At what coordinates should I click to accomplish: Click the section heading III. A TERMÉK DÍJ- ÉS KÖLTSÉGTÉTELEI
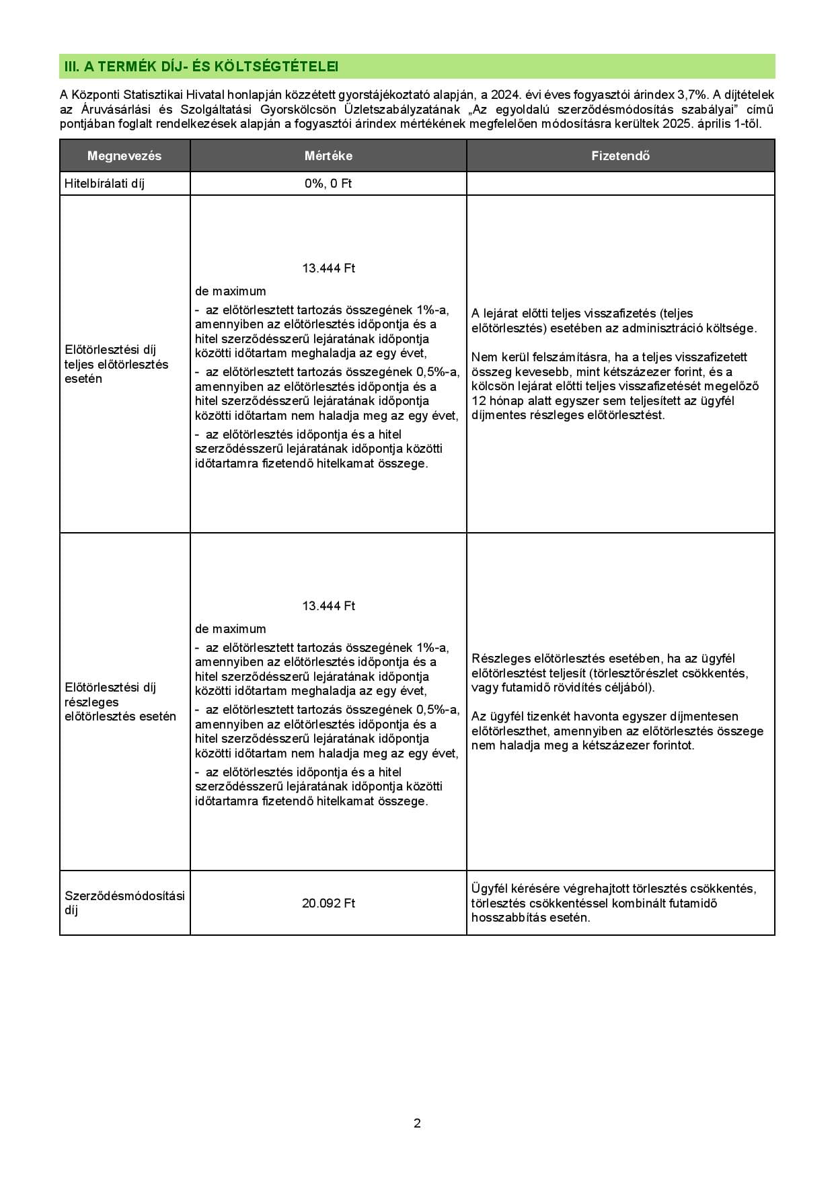[200, 67]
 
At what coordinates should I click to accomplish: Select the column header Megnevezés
[124, 156]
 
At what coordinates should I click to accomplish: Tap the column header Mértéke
[328, 156]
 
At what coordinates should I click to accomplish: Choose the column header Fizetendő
[620, 156]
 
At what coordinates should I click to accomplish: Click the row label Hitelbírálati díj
[104, 184]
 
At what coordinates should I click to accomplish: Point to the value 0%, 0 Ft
[328, 184]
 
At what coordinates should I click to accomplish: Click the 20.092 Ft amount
[328, 903]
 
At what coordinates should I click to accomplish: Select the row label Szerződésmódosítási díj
[124, 903]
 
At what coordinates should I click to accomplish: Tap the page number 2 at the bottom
[417, 1123]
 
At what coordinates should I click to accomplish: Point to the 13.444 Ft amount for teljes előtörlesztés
[328, 268]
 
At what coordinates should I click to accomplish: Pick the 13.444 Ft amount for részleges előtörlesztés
[328, 606]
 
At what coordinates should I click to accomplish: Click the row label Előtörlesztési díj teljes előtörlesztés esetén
[116, 364]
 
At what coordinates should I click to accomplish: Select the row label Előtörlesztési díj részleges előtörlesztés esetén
[120, 702]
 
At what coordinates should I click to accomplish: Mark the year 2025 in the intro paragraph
[675, 124]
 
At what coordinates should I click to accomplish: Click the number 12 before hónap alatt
[478, 401]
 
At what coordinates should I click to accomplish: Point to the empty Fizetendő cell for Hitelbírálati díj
[620, 184]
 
